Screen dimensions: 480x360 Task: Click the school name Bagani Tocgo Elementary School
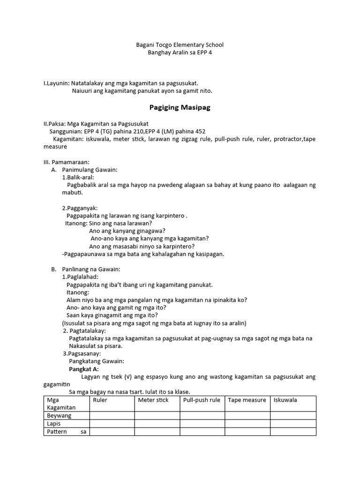click(x=180, y=45)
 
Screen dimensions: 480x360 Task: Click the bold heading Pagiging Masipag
click(x=180, y=107)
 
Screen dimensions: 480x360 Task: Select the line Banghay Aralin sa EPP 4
click(x=180, y=52)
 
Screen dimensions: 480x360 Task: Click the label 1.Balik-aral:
click(x=78, y=178)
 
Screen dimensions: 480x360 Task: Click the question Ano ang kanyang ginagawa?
click(x=127, y=231)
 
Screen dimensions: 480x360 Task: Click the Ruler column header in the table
click(x=100, y=400)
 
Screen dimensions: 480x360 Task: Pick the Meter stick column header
click(x=153, y=400)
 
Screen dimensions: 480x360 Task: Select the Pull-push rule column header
click(x=202, y=400)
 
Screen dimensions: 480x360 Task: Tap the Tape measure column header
click(x=247, y=400)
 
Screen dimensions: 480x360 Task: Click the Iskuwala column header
click(x=285, y=400)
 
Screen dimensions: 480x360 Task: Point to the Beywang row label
click(x=59, y=415)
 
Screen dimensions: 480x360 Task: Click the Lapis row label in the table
click(x=54, y=423)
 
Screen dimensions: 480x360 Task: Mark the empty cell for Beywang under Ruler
click(x=112, y=415)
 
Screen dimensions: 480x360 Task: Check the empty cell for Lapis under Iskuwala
click(x=293, y=423)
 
